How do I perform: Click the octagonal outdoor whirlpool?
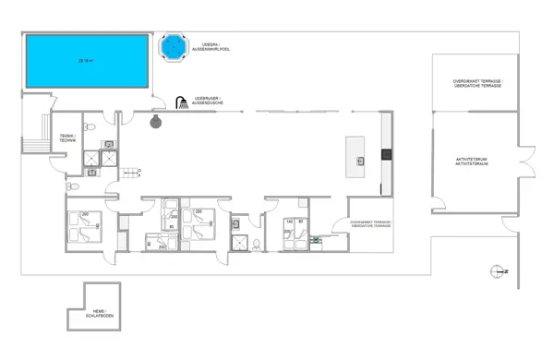click(172, 44)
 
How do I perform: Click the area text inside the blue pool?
click(87, 60)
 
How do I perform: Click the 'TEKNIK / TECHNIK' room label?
click(67, 140)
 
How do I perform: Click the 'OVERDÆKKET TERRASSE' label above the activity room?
click(477, 82)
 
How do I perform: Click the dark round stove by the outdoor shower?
click(158, 120)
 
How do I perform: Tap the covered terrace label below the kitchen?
click(370, 224)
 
